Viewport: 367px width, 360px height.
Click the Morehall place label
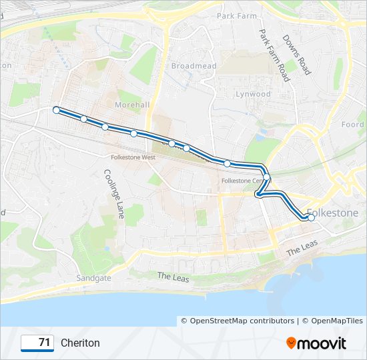pos(132,105)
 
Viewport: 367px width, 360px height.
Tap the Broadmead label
pos(194,66)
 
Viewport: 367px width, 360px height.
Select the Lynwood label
pos(253,94)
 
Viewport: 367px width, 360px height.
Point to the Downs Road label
pos(297,55)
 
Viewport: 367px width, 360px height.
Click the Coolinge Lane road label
pos(113,193)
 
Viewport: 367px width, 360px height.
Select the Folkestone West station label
pos(133,157)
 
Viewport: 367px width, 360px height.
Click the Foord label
pos(353,125)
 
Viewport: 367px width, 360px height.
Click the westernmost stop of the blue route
pos(57,110)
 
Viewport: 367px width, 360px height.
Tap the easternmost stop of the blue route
pos(311,217)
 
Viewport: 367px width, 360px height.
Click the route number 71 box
pos(37,343)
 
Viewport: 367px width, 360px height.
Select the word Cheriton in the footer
pos(80,343)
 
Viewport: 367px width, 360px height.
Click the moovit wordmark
pos(322,343)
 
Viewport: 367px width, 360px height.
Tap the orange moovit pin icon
pos(290,343)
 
